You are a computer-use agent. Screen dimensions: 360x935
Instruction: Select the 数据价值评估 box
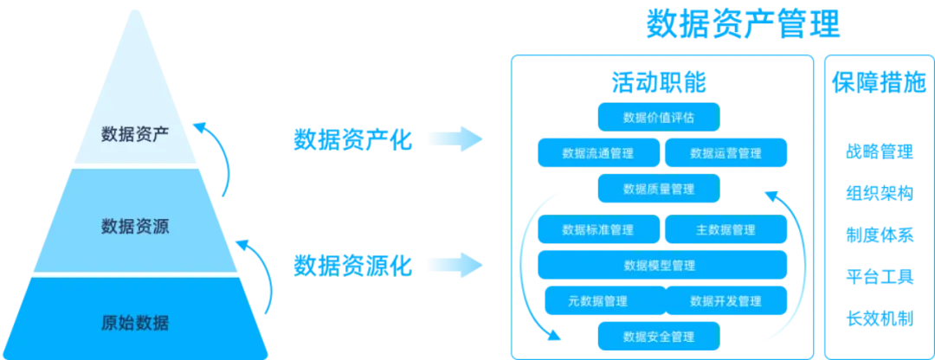(659, 117)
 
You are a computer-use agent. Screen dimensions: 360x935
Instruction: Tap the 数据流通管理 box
(598, 153)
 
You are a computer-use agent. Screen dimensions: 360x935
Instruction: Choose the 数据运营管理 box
(725, 153)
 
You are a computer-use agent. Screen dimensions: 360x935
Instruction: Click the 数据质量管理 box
(659, 188)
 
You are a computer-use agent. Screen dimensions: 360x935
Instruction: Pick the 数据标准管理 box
(598, 230)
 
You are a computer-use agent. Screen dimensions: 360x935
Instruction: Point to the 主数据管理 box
(725, 230)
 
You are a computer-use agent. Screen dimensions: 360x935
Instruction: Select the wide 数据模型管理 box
(662, 265)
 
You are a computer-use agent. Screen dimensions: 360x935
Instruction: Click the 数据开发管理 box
(725, 300)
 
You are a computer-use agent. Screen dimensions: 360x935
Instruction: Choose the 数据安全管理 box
(659, 336)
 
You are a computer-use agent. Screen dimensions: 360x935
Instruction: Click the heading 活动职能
(659, 83)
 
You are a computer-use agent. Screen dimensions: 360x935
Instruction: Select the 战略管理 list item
(879, 152)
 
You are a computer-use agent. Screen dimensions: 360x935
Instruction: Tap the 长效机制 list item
(879, 318)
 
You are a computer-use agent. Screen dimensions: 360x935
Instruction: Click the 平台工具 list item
(879, 277)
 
